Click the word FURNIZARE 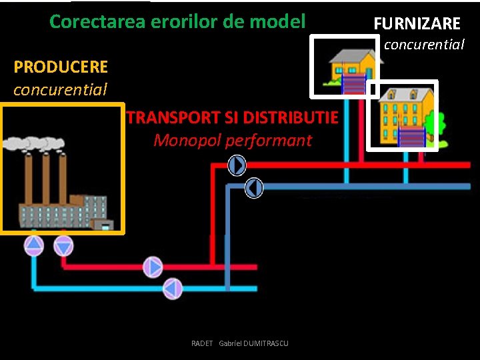(417, 24)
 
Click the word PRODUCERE (61, 67)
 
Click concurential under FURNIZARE (424, 45)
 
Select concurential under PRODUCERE (60, 89)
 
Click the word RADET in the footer (201, 343)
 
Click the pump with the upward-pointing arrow (33, 246)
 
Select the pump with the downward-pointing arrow (63, 246)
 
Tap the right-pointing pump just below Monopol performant (237, 165)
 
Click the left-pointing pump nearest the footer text (173, 289)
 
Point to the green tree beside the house (434, 124)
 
